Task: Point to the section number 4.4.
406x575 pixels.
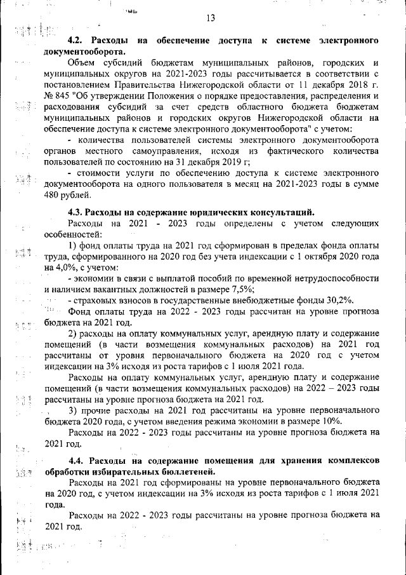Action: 76,460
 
